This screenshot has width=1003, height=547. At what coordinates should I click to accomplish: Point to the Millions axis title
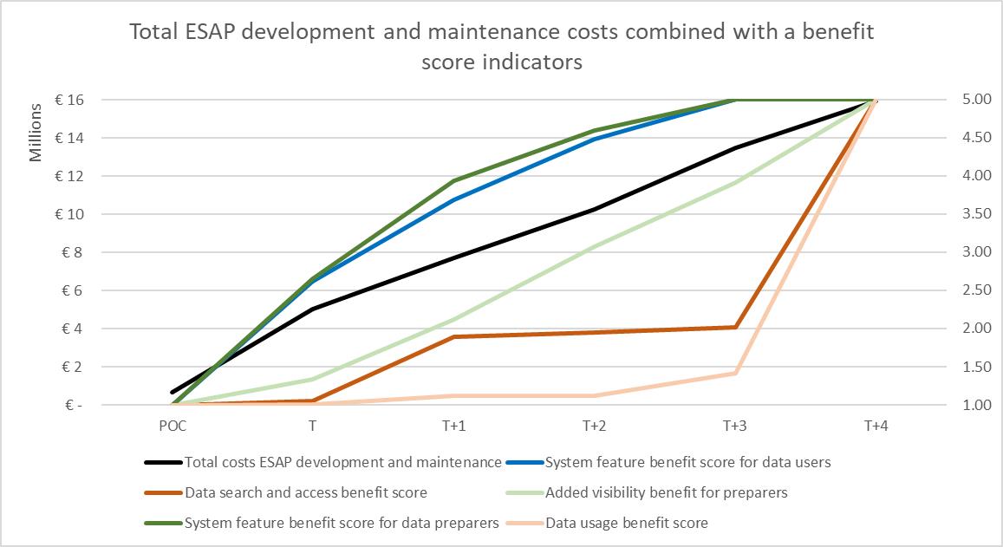tap(36, 133)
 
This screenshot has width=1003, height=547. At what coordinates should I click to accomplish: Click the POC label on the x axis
tap(173, 427)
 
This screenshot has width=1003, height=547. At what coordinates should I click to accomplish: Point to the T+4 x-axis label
tap(876, 427)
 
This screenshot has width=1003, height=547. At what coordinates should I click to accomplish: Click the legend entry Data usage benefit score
tap(627, 523)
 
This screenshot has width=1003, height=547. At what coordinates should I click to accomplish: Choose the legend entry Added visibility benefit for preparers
tap(667, 492)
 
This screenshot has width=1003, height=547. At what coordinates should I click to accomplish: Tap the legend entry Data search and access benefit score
tap(306, 492)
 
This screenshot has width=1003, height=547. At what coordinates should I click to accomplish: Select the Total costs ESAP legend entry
tap(342, 462)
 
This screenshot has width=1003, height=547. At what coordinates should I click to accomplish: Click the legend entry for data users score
tap(687, 462)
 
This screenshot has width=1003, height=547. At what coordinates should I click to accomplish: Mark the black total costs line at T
tap(312, 309)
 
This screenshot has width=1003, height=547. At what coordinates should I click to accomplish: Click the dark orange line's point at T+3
tap(735, 327)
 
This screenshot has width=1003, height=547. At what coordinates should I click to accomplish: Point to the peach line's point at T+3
tap(735, 373)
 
